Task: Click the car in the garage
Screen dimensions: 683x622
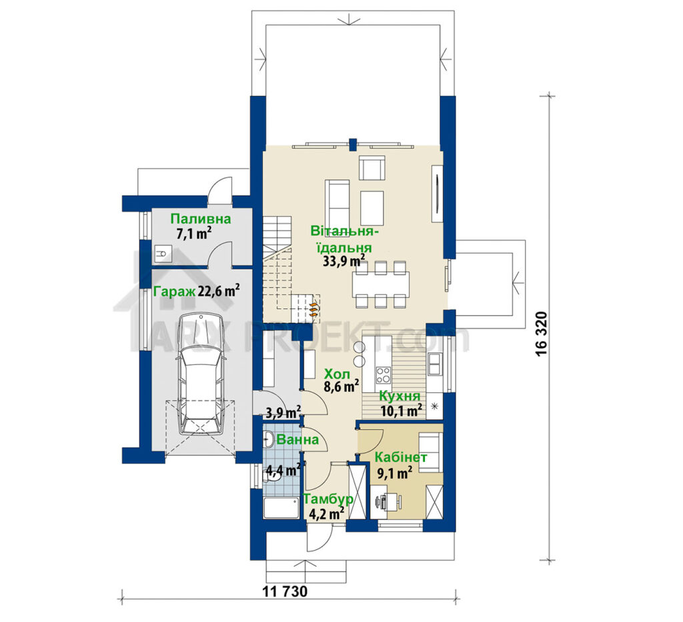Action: [201, 374]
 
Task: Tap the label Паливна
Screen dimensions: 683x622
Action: [200, 219]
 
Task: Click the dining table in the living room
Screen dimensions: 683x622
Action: [382, 282]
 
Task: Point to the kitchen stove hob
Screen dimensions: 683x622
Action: [384, 375]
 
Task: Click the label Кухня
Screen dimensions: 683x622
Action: [400, 396]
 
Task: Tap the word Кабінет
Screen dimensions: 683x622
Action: [401, 458]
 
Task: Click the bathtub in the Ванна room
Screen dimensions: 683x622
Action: [281, 508]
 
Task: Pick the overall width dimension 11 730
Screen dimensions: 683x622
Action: [285, 591]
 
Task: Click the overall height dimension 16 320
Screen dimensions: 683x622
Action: [541, 334]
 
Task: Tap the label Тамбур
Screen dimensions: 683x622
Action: [328, 499]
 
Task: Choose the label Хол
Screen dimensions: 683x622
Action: [337, 374]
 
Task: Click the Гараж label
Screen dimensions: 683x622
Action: [174, 291]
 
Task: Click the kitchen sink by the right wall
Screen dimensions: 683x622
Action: [435, 364]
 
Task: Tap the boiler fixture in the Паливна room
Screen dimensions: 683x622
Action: [163, 253]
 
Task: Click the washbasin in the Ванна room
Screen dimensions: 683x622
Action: [268, 439]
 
